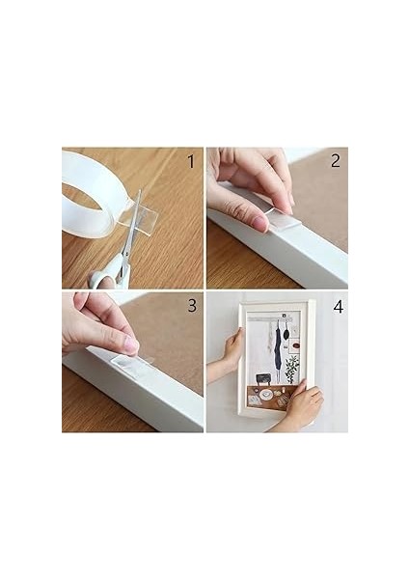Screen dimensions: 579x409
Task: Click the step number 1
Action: [x=189, y=161]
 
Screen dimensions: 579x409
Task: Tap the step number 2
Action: [x=335, y=161]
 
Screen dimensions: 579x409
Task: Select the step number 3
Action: [x=190, y=307]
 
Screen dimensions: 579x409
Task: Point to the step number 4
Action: [x=337, y=307]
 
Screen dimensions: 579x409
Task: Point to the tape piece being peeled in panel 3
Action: [x=130, y=362]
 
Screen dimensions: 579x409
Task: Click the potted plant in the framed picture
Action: [x=291, y=368]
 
